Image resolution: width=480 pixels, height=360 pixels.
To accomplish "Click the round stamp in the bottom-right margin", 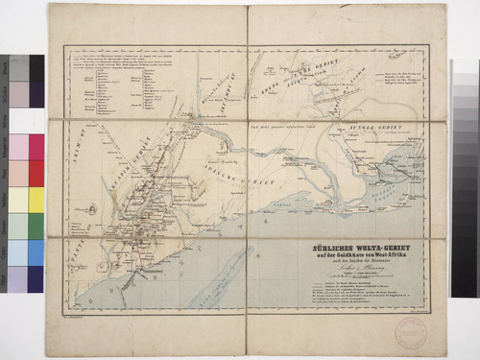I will (x=410, y=332).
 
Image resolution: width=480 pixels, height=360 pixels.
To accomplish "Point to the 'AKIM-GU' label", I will (x=79, y=148).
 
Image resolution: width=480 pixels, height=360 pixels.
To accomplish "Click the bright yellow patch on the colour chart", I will (x=36, y=199).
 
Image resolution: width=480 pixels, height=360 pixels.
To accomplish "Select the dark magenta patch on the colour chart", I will (x=36, y=147).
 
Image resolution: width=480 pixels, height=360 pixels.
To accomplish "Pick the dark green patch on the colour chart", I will (x=36, y=226).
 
